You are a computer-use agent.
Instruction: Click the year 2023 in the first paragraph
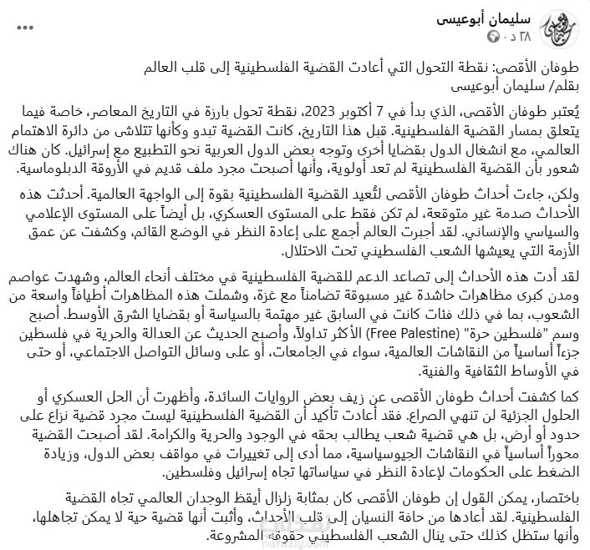(313, 111)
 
